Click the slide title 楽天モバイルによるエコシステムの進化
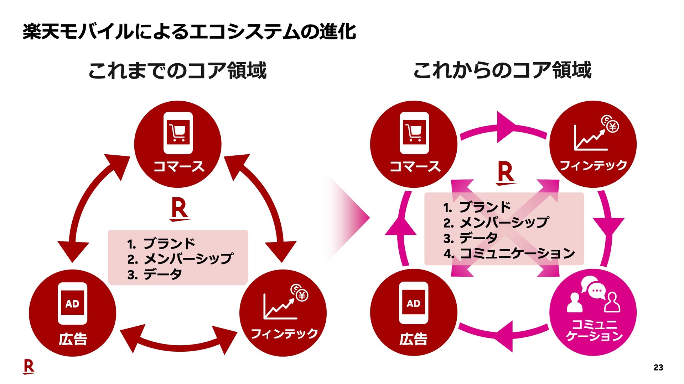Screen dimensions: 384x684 (x=189, y=32)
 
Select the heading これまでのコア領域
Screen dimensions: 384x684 (x=177, y=70)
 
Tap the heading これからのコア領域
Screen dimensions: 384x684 (x=502, y=70)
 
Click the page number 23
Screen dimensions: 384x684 (x=658, y=368)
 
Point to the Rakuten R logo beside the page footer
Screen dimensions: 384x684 (x=29, y=367)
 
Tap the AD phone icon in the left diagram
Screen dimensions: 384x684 (x=72, y=303)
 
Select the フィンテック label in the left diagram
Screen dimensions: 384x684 (x=284, y=334)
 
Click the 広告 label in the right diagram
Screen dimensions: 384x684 (x=413, y=339)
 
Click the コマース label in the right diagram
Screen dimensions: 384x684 (x=415, y=166)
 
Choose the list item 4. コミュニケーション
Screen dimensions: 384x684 (x=509, y=254)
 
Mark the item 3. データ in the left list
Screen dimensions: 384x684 (x=155, y=274)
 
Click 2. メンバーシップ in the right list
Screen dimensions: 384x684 (x=497, y=223)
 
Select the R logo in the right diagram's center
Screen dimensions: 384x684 (x=506, y=173)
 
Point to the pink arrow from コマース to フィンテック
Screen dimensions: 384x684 (x=503, y=129)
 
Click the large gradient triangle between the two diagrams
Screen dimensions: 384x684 (x=351, y=217)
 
